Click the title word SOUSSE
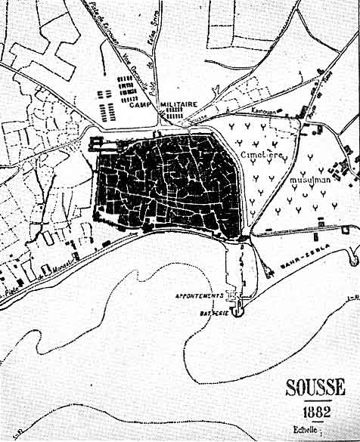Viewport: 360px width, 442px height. (x=315, y=388)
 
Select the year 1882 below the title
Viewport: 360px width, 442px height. (x=316, y=413)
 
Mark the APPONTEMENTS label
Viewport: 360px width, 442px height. (x=200, y=295)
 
